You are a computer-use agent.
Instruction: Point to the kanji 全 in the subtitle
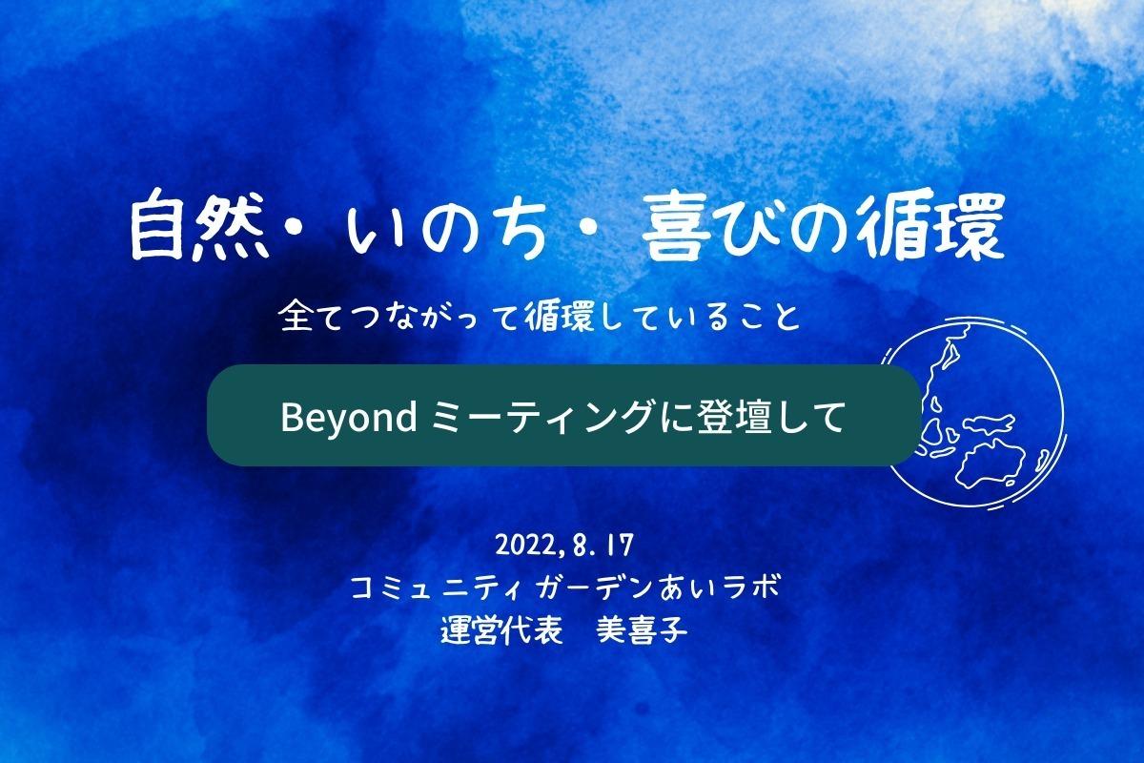296,315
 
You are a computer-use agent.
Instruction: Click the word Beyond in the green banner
349,418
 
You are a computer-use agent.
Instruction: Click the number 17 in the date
620,546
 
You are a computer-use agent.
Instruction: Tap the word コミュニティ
436,588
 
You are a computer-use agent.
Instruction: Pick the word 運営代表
501,631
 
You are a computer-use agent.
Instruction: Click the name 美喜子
642,631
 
